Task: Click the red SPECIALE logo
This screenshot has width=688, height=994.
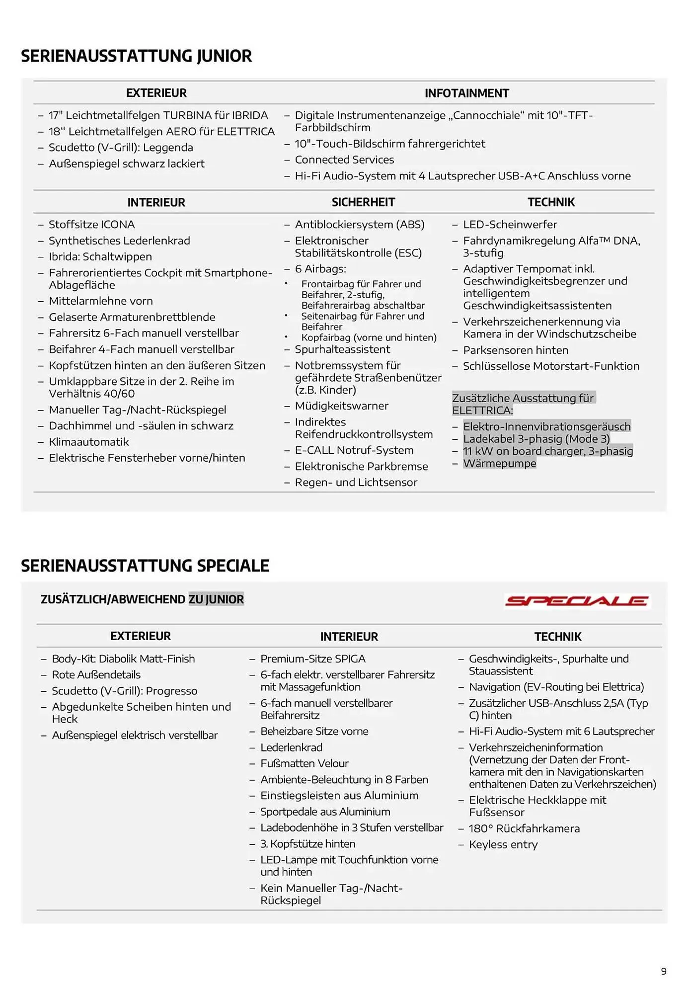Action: click(x=577, y=601)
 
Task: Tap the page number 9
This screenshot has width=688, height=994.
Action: click(x=664, y=971)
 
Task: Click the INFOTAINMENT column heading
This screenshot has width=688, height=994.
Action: click(x=466, y=93)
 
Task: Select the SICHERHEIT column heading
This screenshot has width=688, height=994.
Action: click(x=363, y=202)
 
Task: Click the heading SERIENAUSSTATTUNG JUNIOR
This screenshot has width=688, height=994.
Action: click(x=137, y=56)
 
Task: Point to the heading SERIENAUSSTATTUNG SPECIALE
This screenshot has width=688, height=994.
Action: click(x=145, y=566)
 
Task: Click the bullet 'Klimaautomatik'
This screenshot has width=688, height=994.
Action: click(x=89, y=442)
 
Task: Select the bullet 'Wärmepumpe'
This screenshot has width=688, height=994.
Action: click(x=499, y=463)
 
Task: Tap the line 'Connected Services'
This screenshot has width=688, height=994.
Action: click(x=344, y=160)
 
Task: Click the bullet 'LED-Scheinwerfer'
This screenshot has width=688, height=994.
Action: click(x=510, y=225)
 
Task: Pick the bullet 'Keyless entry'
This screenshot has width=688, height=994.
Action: click(x=503, y=844)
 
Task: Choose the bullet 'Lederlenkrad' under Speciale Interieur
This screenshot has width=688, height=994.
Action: click(x=291, y=747)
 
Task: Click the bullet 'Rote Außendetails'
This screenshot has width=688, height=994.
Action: click(x=96, y=675)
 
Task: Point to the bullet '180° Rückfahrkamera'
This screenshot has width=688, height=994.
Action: click(x=524, y=828)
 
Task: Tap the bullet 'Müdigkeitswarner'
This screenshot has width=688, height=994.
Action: click(x=341, y=406)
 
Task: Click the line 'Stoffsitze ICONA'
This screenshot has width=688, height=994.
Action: click(x=92, y=225)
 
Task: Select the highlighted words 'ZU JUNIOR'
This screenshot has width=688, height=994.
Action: click(x=216, y=599)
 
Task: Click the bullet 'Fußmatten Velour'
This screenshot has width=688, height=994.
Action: click(x=305, y=763)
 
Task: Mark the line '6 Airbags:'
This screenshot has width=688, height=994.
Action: click(x=320, y=269)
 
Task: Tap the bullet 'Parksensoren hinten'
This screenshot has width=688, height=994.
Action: click(x=515, y=350)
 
